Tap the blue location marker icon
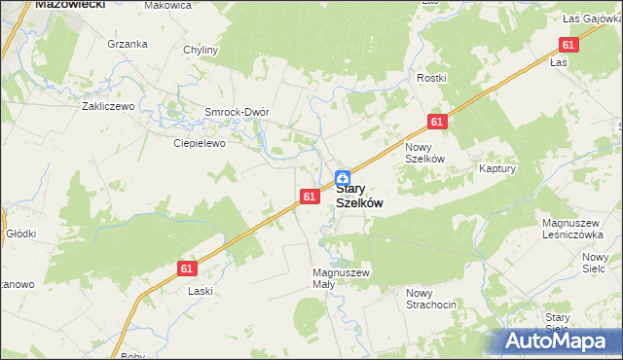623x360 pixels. [343, 178]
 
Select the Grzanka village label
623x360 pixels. [128, 44]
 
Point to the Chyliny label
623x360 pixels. [201, 49]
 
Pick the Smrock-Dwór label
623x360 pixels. [236, 111]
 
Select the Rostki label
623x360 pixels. [431, 78]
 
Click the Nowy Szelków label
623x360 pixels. [424, 153]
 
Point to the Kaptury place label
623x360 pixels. [496, 168]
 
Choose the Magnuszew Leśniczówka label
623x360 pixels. [575, 229]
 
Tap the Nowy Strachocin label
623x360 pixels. [431, 300]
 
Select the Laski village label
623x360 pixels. [201, 291]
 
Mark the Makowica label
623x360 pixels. [167, 6]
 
